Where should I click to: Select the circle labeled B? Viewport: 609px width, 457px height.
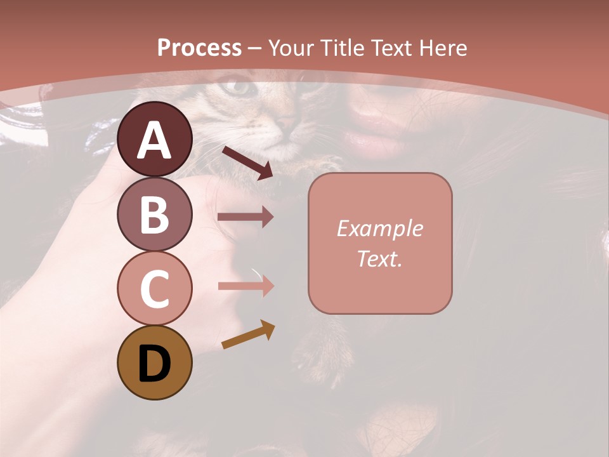pos(154,214)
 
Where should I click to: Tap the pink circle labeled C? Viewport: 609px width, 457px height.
pos(154,288)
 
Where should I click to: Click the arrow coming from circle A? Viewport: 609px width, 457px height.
pos(247,162)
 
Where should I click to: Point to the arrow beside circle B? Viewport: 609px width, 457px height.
pos(245,217)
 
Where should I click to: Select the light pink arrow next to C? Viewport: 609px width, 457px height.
pos(246,286)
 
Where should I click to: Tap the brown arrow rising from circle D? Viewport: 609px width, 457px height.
pos(248,335)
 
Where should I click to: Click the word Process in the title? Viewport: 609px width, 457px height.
pos(199,48)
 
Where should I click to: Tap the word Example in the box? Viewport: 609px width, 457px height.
pos(379,228)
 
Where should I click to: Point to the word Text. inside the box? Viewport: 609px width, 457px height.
pos(379,258)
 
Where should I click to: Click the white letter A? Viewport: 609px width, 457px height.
pos(154,141)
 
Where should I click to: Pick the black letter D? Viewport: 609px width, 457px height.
pos(154,364)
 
